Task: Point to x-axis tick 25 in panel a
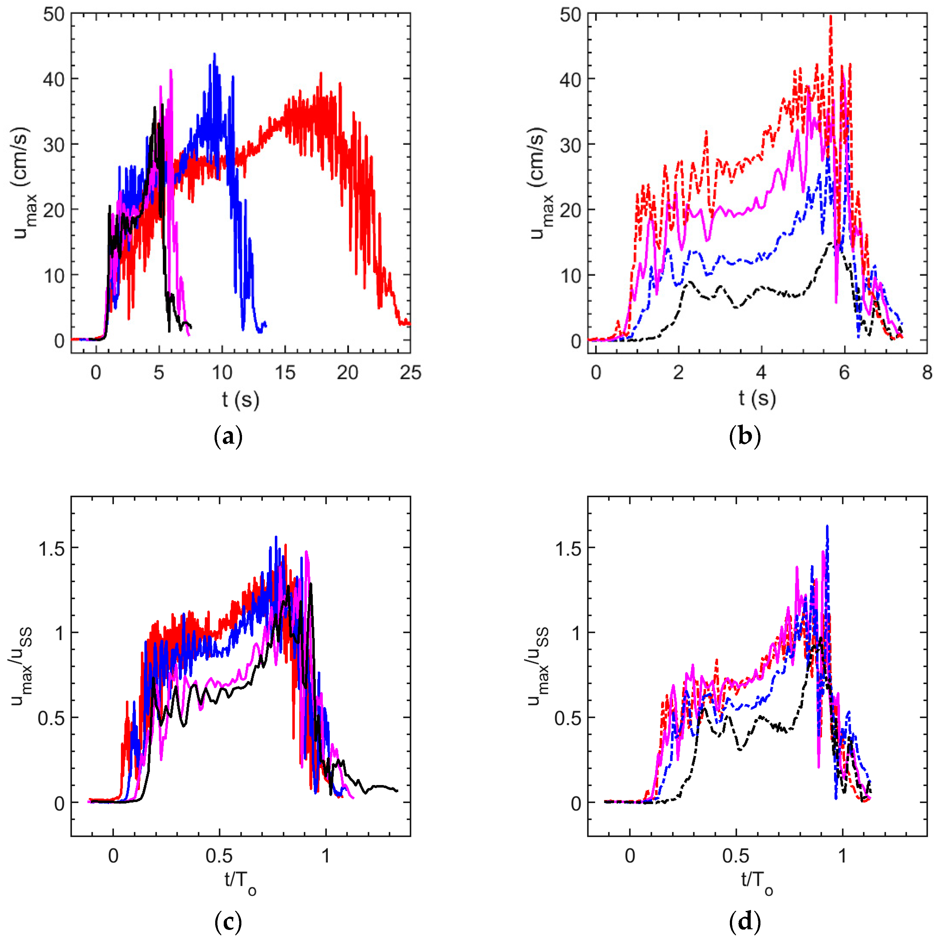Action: (410, 373)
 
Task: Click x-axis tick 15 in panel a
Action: (285, 373)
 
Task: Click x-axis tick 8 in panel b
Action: (927, 373)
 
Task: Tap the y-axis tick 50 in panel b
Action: (570, 14)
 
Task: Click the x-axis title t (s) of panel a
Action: (241, 399)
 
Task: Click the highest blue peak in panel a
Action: (214, 54)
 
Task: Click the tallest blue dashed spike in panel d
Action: (827, 526)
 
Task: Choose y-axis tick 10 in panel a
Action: (54, 275)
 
